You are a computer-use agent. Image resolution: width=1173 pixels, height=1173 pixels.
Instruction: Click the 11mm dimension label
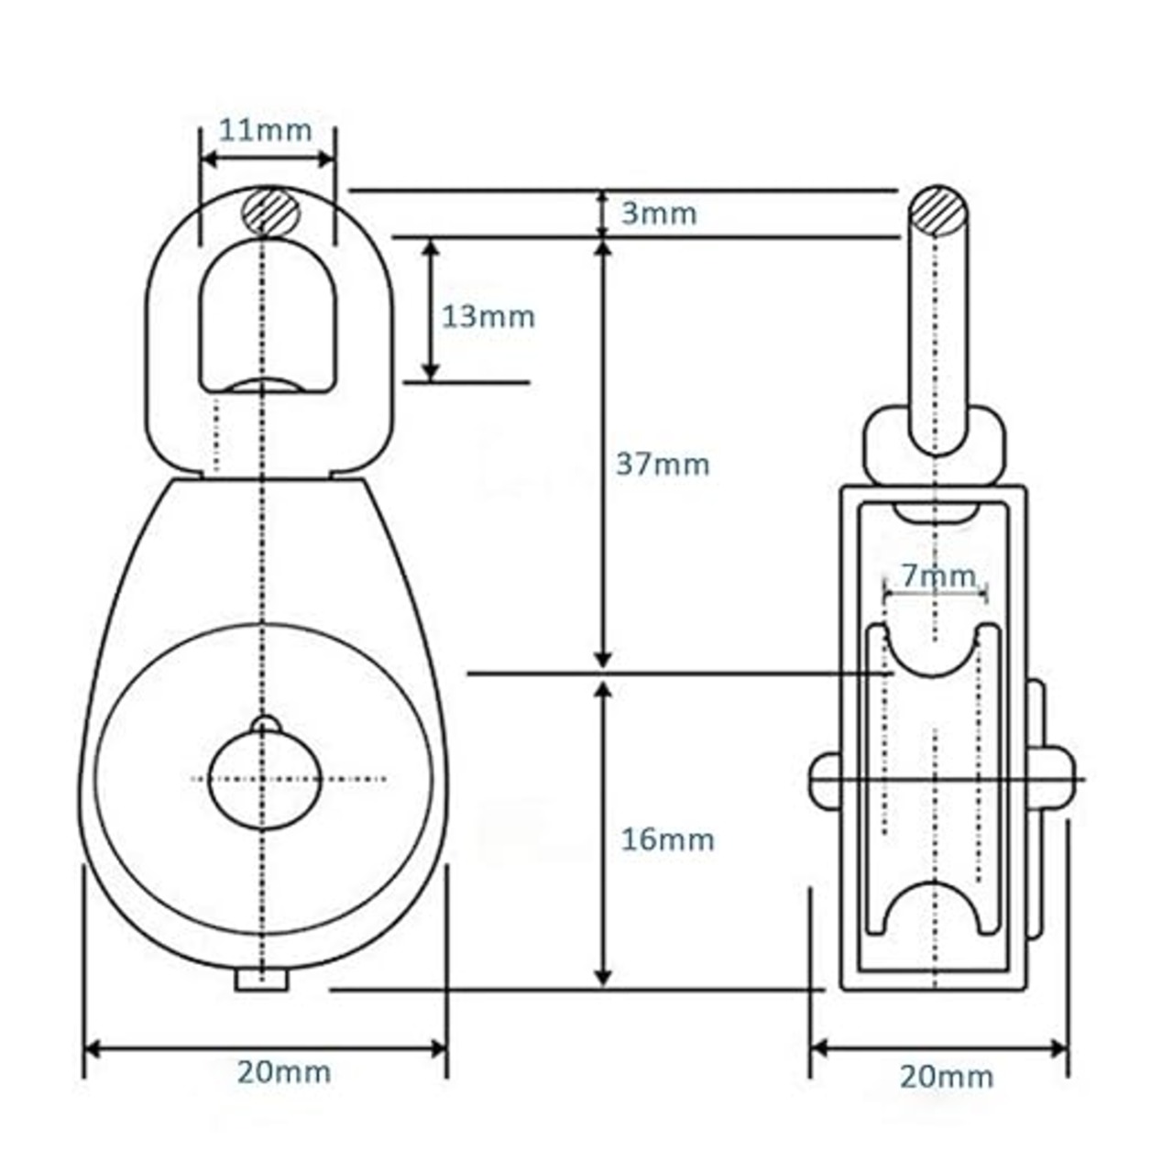(x=266, y=130)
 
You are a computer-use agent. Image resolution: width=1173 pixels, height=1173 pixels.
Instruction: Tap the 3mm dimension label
(x=659, y=214)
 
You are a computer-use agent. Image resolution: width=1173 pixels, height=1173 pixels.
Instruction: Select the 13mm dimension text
(x=488, y=317)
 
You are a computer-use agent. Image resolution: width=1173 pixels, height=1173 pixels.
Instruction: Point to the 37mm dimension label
(x=663, y=465)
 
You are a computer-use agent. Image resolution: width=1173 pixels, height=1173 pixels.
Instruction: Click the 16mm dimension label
(x=667, y=839)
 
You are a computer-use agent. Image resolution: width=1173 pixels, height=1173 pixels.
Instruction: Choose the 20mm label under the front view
(x=284, y=1071)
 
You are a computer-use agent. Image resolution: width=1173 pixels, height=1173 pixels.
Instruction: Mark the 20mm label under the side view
(x=946, y=1076)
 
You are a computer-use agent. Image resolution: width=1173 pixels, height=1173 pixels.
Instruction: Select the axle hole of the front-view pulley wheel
(x=265, y=780)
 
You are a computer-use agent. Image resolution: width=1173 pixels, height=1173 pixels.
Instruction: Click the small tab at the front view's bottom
(x=262, y=980)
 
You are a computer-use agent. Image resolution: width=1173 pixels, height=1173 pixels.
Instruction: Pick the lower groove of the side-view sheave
(x=935, y=907)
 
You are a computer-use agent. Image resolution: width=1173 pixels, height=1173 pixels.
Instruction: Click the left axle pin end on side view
(x=824, y=780)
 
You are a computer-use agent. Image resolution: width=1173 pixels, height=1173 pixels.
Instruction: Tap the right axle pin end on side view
(x=1058, y=780)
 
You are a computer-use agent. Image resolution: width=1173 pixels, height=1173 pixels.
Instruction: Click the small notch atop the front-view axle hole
(x=265, y=724)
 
